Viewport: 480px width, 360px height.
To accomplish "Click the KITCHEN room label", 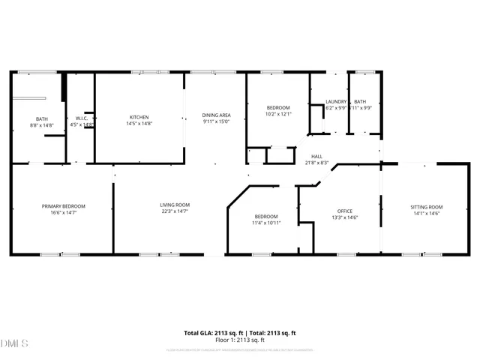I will pyautogui.click(x=139, y=117).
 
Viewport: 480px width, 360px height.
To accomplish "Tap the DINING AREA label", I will pyautogui.click(x=215, y=115).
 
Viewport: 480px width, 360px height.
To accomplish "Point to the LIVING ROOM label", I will pyautogui.click(x=174, y=205).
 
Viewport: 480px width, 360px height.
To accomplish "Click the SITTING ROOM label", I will pyautogui.click(x=426, y=206).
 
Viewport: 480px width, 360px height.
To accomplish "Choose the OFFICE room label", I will pyautogui.click(x=344, y=211).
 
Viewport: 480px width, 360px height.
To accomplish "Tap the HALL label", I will pyautogui.click(x=316, y=156).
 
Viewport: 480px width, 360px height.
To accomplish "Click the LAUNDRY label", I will pyautogui.click(x=335, y=102).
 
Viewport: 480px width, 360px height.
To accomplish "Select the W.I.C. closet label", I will pyautogui.click(x=82, y=118).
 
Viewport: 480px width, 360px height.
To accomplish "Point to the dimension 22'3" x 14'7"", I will pyautogui.click(x=174, y=211).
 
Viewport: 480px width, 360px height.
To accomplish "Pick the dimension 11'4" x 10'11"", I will pyautogui.click(x=265, y=223).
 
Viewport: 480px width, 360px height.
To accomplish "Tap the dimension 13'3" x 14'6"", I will pyautogui.click(x=344, y=217).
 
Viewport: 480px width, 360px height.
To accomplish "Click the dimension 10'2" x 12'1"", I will pyautogui.click(x=277, y=114).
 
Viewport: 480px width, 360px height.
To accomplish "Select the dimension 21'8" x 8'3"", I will pyautogui.click(x=316, y=163).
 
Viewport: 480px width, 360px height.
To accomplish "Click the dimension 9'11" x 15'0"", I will pyautogui.click(x=215, y=121).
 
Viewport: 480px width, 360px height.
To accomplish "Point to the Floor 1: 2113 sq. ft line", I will pyautogui.click(x=240, y=340).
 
